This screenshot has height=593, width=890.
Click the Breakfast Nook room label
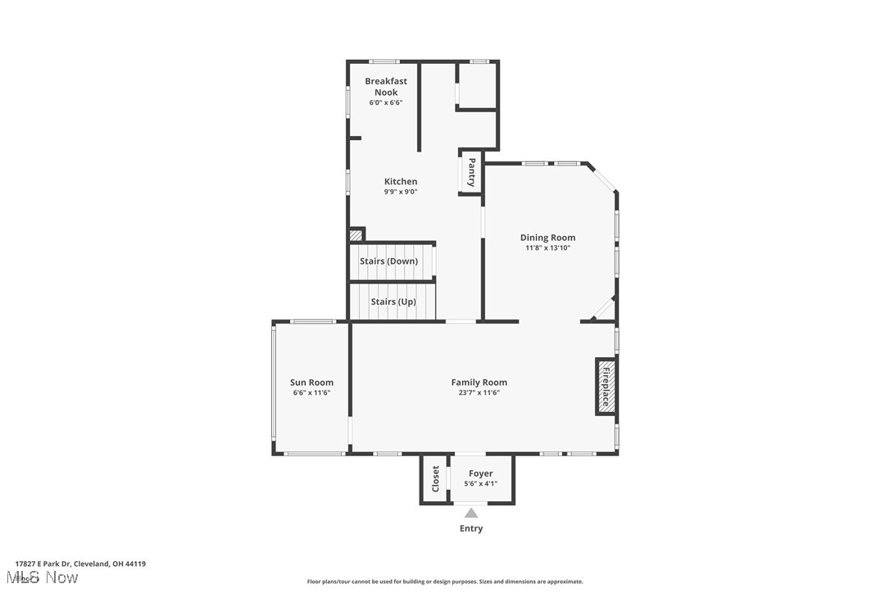[386, 87]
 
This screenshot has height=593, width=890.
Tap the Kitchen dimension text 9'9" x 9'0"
[401, 192]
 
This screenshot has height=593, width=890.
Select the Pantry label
[471, 173]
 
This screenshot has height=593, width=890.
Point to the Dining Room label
[547, 238]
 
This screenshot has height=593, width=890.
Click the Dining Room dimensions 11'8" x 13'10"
[547, 248]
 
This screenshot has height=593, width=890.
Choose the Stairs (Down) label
[388, 261]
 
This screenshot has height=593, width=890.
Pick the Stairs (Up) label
[393, 302]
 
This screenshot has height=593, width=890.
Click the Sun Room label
[311, 383]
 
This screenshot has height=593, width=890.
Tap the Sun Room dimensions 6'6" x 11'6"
[311, 393]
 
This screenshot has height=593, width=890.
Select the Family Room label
[479, 383]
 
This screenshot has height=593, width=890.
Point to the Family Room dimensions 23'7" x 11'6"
[479, 393]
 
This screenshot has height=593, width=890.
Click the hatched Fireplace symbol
[606, 387]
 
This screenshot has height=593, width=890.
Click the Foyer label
[480, 473]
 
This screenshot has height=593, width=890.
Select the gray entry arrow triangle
[471, 514]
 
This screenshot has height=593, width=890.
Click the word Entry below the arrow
[471, 529]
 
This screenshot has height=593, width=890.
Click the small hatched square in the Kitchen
[356, 235]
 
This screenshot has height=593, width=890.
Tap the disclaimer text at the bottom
[445, 582]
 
